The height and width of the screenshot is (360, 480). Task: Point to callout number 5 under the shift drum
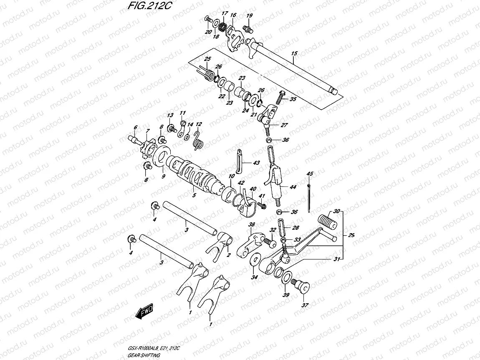point(193,194)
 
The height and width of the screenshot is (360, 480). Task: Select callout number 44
point(293,187)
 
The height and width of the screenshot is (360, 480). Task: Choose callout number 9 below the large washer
point(163,176)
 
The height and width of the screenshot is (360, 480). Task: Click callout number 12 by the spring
point(199,124)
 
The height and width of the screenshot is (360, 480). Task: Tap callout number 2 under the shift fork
point(229,255)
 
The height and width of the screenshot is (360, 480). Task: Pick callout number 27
point(284,125)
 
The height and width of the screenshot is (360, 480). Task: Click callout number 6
point(135,127)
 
